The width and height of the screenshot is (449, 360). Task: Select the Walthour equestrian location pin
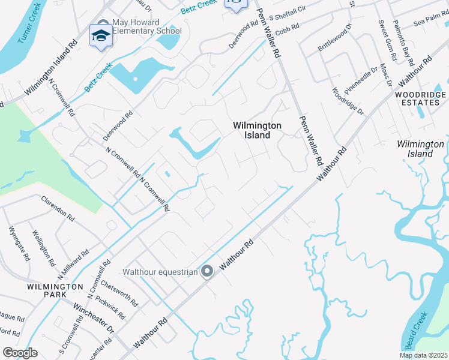pyautogui.click(x=207, y=272)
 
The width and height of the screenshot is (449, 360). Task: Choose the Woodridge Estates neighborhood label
pyautogui.click(x=420, y=99)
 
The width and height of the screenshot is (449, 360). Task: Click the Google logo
pyautogui.click(x=20, y=352)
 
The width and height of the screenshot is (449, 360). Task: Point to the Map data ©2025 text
pyautogui.click(x=423, y=355)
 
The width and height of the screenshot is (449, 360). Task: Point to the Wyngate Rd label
pyautogui.click(x=19, y=243)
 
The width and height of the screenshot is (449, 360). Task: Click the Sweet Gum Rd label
pyautogui.click(x=387, y=40)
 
